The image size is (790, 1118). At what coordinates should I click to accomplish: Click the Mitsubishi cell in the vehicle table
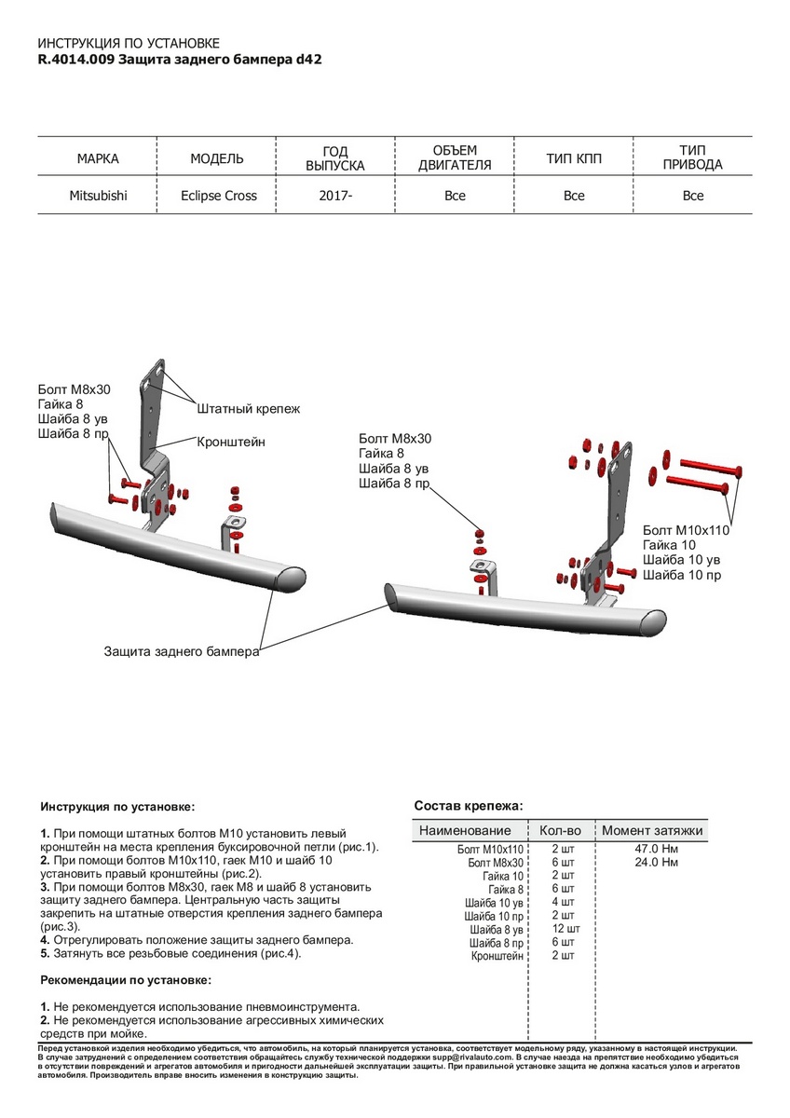coord(98,196)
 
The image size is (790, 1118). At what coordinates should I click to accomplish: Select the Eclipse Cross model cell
coord(219,196)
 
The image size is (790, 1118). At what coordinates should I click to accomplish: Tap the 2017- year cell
coord(335,196)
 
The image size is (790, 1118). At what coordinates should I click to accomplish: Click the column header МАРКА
coord(98,159)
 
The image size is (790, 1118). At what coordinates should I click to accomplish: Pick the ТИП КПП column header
coord(574,159)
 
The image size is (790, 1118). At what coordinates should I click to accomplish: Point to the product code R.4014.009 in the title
coord(76,58)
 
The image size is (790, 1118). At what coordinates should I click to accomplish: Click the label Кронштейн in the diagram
coord(231,442)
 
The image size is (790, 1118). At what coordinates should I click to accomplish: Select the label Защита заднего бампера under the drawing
coord(182,653)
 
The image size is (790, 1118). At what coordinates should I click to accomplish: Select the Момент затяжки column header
coord(652,830)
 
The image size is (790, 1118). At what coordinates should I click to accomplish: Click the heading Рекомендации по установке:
coord(126,981)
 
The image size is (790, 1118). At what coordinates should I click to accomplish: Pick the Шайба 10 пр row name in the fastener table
coord(498,916)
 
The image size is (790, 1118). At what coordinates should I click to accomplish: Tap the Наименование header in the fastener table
coord(465,830)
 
